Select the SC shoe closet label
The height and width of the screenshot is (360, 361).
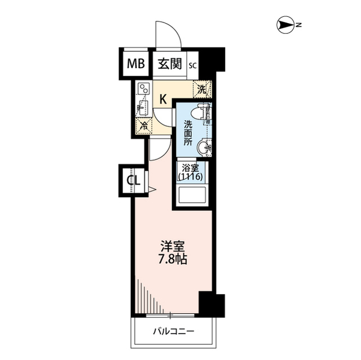coord(192,65)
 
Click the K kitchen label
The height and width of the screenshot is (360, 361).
coord(162,100)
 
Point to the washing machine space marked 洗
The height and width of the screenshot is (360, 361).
coord(202,88)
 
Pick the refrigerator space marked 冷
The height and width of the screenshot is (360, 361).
coord(144,125)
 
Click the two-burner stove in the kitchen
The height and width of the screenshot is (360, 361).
coord(144,90)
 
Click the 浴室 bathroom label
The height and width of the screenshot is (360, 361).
coord(190,168)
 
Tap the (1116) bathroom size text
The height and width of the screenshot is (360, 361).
coord(190,177)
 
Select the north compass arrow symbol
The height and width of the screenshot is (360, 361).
coord(285,24)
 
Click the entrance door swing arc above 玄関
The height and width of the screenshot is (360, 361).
coord(169,34)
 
